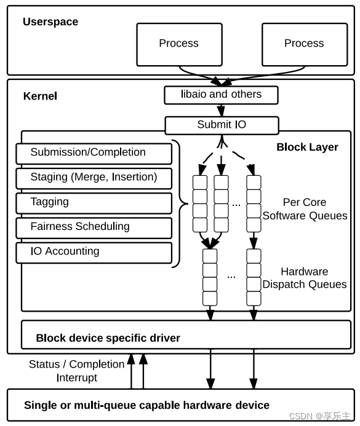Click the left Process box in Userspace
179,44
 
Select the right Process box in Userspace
304,44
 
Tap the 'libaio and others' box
221,95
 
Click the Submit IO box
222,125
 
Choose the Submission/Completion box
94,153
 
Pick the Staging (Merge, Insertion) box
94,178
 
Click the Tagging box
94,203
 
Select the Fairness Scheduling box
94,227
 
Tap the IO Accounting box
94,252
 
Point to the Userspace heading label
50,22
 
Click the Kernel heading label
40,96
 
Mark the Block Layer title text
307,147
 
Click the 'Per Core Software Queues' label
305,209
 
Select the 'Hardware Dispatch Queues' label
305,278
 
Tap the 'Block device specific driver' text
108,337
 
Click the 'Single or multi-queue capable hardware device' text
146,405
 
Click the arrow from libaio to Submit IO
221,110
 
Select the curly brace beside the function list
178,203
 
